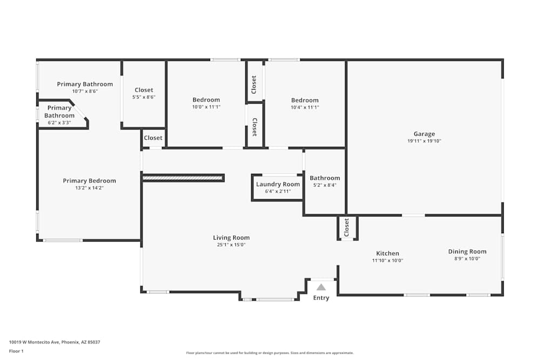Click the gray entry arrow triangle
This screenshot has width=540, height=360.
click(x=321, y=287)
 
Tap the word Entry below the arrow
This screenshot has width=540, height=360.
click(x=321, y=298)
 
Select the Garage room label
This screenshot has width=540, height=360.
click(x=424, y=134)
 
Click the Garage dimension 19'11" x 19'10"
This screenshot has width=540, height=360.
click(x=424, y=141)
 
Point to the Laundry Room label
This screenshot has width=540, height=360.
click(x=278, y=184)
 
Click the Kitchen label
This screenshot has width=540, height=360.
click(x=387, y=253)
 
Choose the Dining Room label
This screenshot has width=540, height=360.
click(x=467, y=252)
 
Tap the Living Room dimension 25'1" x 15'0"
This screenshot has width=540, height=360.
click(x=231, y=245)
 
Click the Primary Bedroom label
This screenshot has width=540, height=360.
click(x=89, y=181)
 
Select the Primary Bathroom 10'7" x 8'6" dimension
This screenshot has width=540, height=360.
click(x=85, y=91)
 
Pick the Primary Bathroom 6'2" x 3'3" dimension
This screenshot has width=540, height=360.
click(x=59, y=123)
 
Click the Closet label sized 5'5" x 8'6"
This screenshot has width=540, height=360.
click(x=144, y=90)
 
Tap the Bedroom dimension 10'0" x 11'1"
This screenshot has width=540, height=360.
click(x=206, y=107)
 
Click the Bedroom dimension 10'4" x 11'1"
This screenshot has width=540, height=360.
click(x=305, y=107)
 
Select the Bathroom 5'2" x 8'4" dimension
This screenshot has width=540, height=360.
click(x=325, y=185)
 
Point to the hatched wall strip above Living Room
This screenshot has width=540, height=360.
click(x=183, y=178)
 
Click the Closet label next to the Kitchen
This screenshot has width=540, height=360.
click(x=347, y=228)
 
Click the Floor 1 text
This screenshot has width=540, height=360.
click(x=16, y=351)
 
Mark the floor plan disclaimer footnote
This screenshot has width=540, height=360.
click(x=269, y=353)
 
